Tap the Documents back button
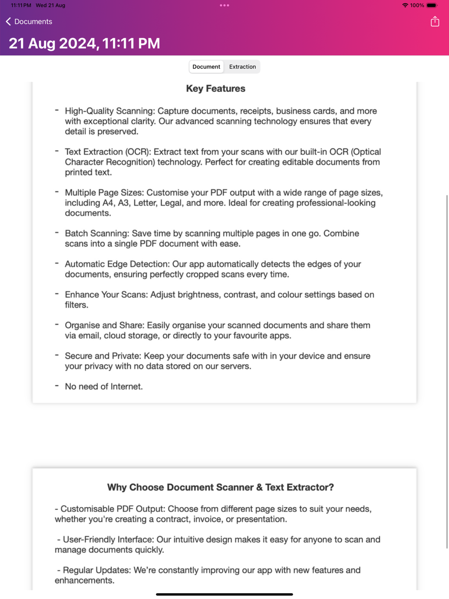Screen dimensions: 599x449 click(29, 22)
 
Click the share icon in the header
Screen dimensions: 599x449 click(435, 21)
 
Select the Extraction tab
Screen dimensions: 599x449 click(242, 67)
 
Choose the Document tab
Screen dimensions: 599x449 click(206, 67)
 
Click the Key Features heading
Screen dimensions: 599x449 click(216, 88)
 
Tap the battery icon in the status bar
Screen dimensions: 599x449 click(431, 5)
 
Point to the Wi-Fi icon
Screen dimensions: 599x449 click(405, 5)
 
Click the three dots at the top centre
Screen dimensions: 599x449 click(224, 5)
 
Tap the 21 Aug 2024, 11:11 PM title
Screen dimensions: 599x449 click(84, 44)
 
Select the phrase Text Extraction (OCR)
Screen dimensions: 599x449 click(107, 152)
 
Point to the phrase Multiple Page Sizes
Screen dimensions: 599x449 click(104, 193)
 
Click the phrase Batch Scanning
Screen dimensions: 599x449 click(97, 233)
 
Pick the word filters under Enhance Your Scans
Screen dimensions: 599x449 click(76, 305)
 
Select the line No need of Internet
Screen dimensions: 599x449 click(104, 387)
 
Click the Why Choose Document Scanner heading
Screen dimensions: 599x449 click(220, 487)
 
